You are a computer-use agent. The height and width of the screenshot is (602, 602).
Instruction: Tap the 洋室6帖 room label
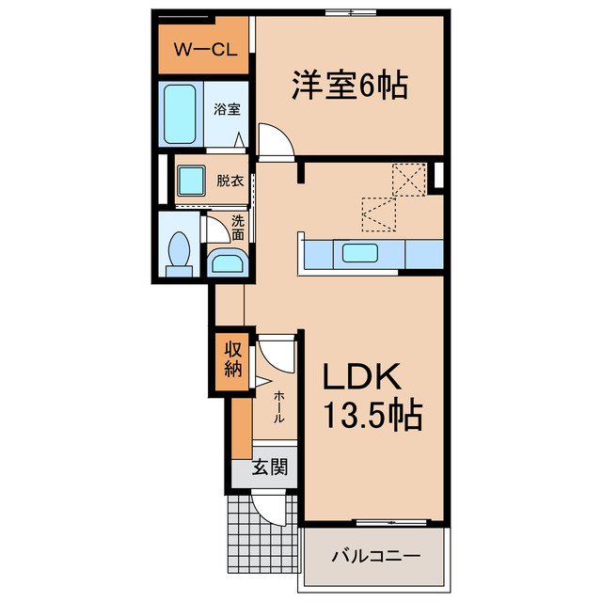coord(348,87)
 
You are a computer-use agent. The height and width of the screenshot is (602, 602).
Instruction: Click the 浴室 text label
coord(227,109)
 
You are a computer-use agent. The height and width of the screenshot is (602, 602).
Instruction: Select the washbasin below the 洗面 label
coord(225,261)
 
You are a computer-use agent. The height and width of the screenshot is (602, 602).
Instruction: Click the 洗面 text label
coord(238,227)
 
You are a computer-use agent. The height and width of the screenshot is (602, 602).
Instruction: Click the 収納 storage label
coord(232,356)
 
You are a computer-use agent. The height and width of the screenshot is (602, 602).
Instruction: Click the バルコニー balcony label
coord(375,557)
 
